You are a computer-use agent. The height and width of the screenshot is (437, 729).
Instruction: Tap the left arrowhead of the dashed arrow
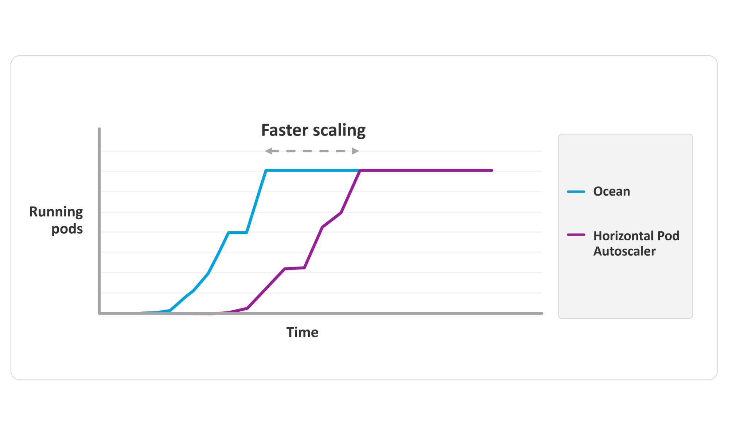point(269,151)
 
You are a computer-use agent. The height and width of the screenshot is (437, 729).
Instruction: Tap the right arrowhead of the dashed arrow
point(355,151)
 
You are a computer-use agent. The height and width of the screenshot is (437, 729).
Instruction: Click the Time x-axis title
point(302,332)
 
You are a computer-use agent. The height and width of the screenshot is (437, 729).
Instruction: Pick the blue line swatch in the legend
point(576,192)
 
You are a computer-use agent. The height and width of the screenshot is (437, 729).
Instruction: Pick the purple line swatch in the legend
point(576,235)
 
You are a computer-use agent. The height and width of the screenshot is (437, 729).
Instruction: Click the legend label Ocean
point(612,192)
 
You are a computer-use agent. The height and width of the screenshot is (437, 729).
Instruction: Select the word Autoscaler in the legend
point(624,251)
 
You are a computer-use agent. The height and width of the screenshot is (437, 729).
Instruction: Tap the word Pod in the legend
point(668,236)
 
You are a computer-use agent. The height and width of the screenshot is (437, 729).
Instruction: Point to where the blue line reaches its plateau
point(266,170)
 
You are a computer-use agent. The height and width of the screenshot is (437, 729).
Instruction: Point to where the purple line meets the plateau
point(360,170)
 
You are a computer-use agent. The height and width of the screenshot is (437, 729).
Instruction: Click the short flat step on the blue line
point(238,232)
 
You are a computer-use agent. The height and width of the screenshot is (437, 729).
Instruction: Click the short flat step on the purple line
point(295,268)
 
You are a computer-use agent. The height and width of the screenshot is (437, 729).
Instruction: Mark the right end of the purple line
point(492,170)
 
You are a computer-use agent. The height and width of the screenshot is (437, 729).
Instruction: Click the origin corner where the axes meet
point(100,313)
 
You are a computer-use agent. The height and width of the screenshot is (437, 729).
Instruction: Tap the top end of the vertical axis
point(100,129)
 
